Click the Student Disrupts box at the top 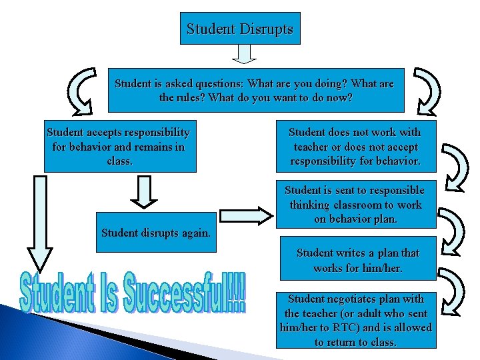tap(240, 29)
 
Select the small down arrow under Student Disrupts tap(245, 54)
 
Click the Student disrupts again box tap(156, 233)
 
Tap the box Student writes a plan tap(357, 260)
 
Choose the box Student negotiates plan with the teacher tap(356, 320)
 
